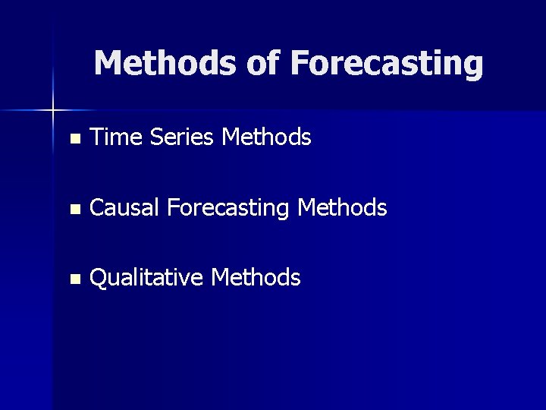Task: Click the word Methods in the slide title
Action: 165,63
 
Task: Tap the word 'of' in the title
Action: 263,63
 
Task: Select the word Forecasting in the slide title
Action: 386,64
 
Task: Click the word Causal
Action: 124,207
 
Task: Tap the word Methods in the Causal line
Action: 343,207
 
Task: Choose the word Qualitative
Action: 146,278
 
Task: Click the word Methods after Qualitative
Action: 256,278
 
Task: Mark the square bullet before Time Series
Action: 74,139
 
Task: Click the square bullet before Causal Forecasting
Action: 74,209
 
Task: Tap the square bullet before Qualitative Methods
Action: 74,279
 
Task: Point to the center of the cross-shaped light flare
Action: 53,111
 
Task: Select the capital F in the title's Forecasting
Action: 298,63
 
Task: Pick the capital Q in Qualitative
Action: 99,278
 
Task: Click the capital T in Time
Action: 97,137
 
